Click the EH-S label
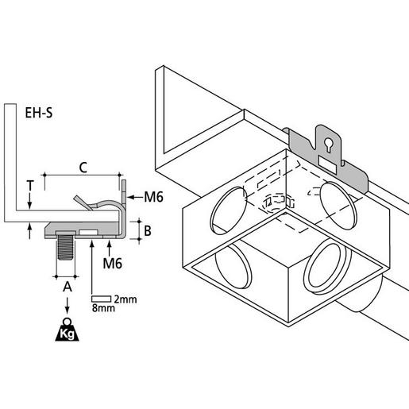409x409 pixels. (x=39, y=113)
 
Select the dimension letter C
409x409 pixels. (x=83, y=168)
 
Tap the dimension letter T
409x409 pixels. (x=30, y=186)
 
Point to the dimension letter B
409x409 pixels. (x=148, y=230)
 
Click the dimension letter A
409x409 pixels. (x=68, y=287)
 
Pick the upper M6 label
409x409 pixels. (x=153, y=197)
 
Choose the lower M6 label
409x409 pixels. (x=113, y=263)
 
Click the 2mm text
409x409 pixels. (x=125, y=299)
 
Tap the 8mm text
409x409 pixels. (x=103, y=308)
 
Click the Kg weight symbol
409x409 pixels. (x=67, y=330)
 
